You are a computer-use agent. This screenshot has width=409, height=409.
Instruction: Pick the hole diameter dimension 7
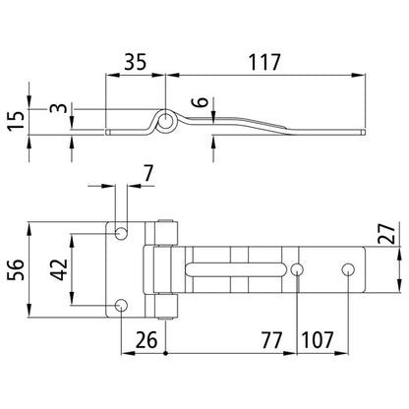[x=148, y=174]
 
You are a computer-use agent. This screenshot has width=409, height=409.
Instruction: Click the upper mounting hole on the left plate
[x=121, y=232]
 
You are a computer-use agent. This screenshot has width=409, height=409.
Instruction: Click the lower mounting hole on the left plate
[x=121, y=305]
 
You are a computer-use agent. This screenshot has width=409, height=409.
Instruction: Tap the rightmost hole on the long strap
[x=347, y=269]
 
